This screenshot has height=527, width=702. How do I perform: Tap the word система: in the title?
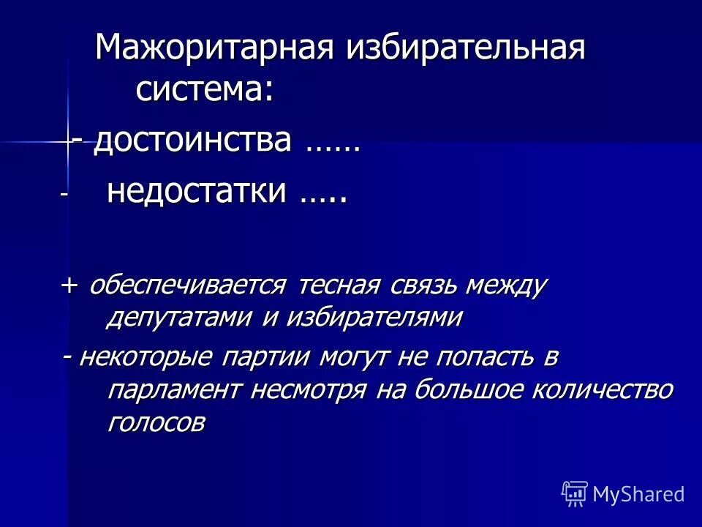point(205,91)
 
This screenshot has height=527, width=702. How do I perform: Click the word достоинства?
point(192,140)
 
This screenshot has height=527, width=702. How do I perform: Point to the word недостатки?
point(196,192)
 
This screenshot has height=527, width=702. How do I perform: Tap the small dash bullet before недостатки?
point(64,195)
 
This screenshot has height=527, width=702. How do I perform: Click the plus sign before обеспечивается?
point(70,285)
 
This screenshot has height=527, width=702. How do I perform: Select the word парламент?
point(174,389)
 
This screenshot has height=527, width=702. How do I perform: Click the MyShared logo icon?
point(575,493)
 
